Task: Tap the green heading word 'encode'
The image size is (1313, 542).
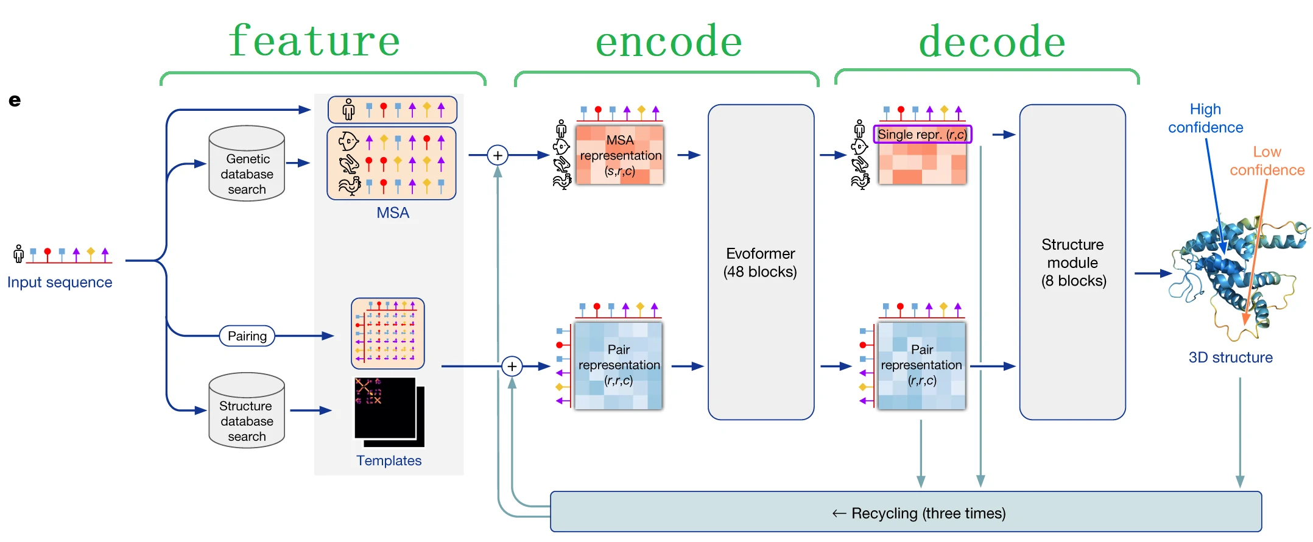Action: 669,41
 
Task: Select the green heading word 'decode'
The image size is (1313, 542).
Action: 992,41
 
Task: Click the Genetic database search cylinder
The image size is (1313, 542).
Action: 247,164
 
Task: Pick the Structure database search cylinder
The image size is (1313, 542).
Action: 247,412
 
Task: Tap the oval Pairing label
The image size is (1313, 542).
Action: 247,336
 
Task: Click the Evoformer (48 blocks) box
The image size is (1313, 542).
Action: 761,262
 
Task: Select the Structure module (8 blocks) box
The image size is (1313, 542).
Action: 1072,262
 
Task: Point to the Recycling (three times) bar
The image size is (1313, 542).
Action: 906,512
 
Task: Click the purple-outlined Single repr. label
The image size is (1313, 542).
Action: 922,135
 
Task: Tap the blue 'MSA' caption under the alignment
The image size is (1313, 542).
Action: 393,213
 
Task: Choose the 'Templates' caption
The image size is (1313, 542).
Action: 389,461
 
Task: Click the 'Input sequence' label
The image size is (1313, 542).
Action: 60,283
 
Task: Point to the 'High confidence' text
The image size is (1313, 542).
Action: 1205,118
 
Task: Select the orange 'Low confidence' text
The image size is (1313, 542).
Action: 1267,161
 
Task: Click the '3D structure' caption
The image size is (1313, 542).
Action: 1230,357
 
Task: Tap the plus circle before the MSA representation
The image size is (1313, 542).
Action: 498,155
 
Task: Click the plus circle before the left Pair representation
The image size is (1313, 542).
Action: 512,367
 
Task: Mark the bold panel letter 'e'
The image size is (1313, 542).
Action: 15,100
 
